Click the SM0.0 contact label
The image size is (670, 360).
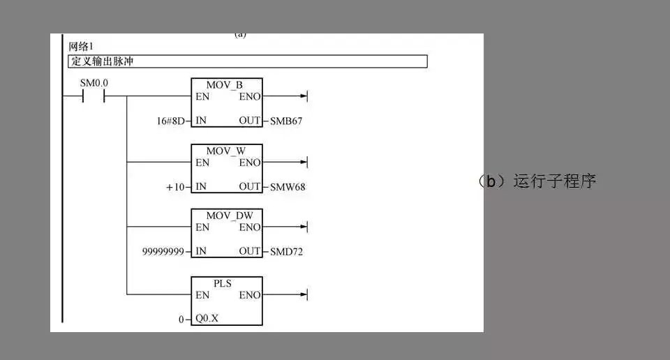tap(94, 83)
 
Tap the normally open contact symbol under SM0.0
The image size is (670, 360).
tap(94, 97)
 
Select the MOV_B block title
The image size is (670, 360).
tap(224, 85)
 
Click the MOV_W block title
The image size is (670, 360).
tap(225, 151)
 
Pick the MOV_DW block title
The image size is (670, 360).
tap(225, 216)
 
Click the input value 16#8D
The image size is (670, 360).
tap(171, 121)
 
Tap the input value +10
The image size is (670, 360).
tap(176, 186)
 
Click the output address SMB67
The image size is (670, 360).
tap(286, 121)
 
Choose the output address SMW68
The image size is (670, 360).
tap(288, 186)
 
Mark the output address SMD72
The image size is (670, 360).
tap(287, 251)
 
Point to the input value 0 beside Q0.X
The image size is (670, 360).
tap(181, 320)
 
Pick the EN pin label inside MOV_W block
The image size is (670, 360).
tap(202, 163)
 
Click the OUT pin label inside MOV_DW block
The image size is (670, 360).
tap(249, 251)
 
